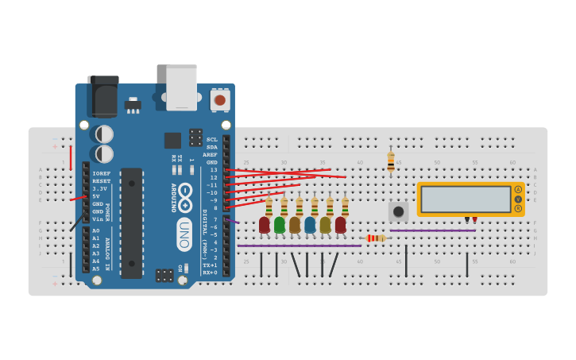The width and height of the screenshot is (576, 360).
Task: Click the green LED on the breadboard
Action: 280,225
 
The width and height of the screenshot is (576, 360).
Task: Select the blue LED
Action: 310,225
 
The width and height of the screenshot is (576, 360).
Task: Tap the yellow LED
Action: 325,225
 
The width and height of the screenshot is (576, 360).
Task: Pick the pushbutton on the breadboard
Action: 398,211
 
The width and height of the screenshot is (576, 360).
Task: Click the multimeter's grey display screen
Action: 466,199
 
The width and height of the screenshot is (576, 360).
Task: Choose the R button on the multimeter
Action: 518,208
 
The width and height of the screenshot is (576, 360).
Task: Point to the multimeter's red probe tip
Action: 475,220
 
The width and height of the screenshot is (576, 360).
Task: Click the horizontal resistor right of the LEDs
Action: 376,238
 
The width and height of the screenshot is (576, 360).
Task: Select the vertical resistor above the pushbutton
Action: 391,162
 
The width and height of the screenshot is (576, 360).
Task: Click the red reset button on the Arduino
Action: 220,100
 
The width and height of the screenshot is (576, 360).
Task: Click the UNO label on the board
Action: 184,235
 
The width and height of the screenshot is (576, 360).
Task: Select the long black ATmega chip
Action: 131,223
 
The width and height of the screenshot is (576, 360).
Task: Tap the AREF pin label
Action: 210,155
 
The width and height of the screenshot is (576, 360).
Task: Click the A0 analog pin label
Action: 96,230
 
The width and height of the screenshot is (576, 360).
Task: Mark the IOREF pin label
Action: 101,173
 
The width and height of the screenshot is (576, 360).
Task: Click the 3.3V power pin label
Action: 100,188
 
